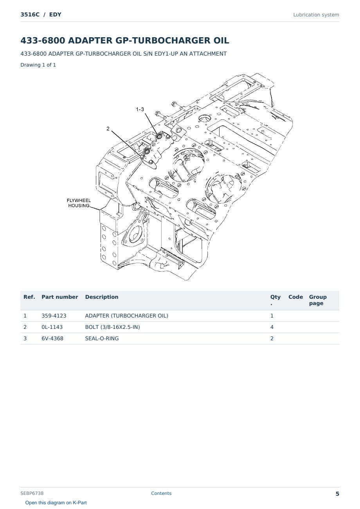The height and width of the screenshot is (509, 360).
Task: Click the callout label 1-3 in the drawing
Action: [x=140, y=109]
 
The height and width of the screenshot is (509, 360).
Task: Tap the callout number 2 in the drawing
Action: [x=108, y=128]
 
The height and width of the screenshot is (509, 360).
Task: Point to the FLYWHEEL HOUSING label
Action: [x=79, y=203]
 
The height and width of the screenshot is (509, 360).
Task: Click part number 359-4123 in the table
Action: [x=54, y=316]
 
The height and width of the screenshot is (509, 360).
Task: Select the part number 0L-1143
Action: [x=52, y=327]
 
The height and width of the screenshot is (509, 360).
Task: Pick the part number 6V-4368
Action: [x=52, y=338]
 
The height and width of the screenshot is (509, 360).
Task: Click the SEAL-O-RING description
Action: [x=102, y=338]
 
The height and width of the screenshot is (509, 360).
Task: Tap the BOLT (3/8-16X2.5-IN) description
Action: [x=112, y=327]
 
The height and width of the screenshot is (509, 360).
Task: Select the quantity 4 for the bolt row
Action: [x=272, y=327]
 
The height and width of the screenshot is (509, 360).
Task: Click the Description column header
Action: [x=102, y=297]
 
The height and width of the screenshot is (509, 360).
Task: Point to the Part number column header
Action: [x=60, y=297]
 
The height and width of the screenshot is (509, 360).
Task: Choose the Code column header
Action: [x=295, y=297]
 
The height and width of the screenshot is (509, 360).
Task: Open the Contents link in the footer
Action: [x=161, y=493]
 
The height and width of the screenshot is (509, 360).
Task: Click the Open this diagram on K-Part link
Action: [x=56, y=503]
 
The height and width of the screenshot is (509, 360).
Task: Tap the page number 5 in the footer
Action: [x=337, y=494]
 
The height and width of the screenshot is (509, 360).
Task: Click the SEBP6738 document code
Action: [x=32, y=493]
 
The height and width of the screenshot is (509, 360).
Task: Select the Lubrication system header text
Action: [x=316, y=15]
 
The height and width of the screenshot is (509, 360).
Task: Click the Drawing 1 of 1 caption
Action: [x=38, y=65]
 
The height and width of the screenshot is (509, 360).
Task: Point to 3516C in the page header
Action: [x=30, y=14]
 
